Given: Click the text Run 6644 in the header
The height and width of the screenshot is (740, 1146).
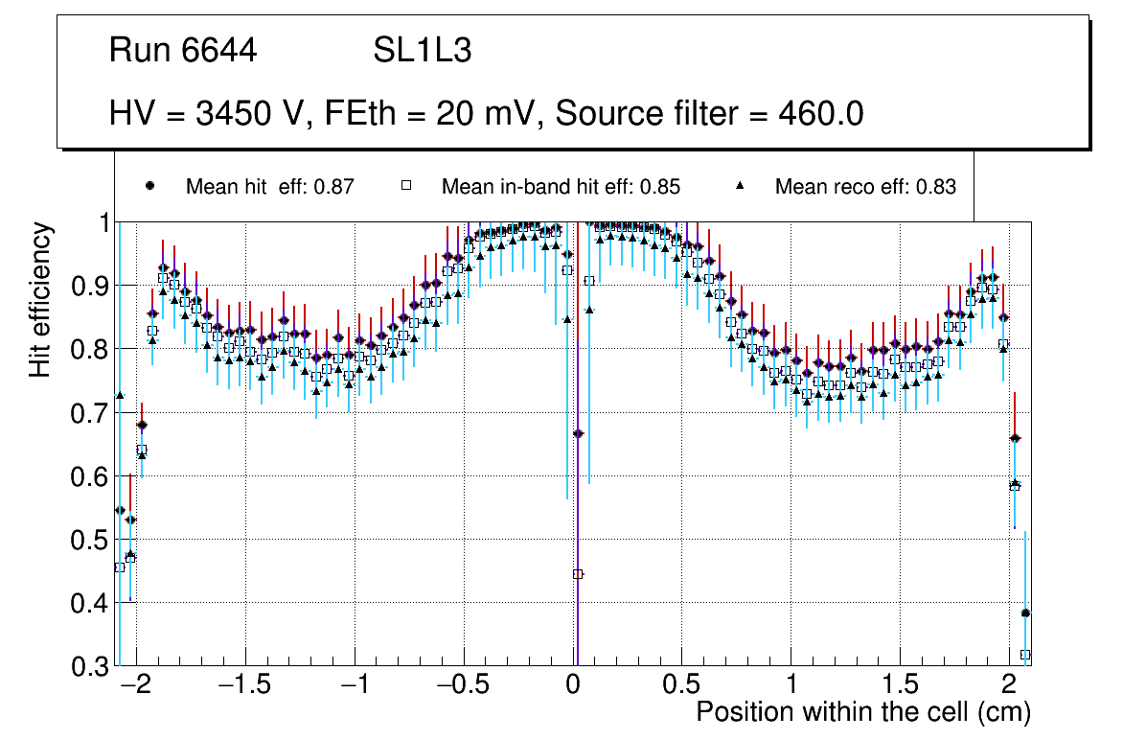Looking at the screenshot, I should (x=183, y=51).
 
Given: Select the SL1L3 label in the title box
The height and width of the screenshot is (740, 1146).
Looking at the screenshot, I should (x=422, y=51).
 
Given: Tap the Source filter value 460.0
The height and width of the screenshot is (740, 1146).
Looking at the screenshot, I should (x=826, y=114).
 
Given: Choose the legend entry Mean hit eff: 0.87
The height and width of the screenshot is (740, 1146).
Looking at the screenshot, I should (x=270, y=187).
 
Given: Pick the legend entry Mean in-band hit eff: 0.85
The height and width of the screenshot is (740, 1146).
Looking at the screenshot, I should (x=561, y=187).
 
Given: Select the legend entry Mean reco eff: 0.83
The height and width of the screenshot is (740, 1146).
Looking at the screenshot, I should (x=865, y=187).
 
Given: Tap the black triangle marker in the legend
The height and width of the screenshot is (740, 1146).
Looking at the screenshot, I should (x=741, y=186).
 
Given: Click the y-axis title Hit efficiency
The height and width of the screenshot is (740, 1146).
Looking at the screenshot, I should (x=39, y=299).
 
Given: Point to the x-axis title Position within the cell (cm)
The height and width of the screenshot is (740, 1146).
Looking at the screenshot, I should (x=862, y=712).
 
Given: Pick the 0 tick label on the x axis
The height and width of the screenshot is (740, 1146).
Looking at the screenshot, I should (x=573, y=686).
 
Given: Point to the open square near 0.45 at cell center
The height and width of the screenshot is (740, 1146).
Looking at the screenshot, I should (x=578, y=574).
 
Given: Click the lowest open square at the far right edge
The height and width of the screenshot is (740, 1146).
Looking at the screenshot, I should (x=1025, y=655).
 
